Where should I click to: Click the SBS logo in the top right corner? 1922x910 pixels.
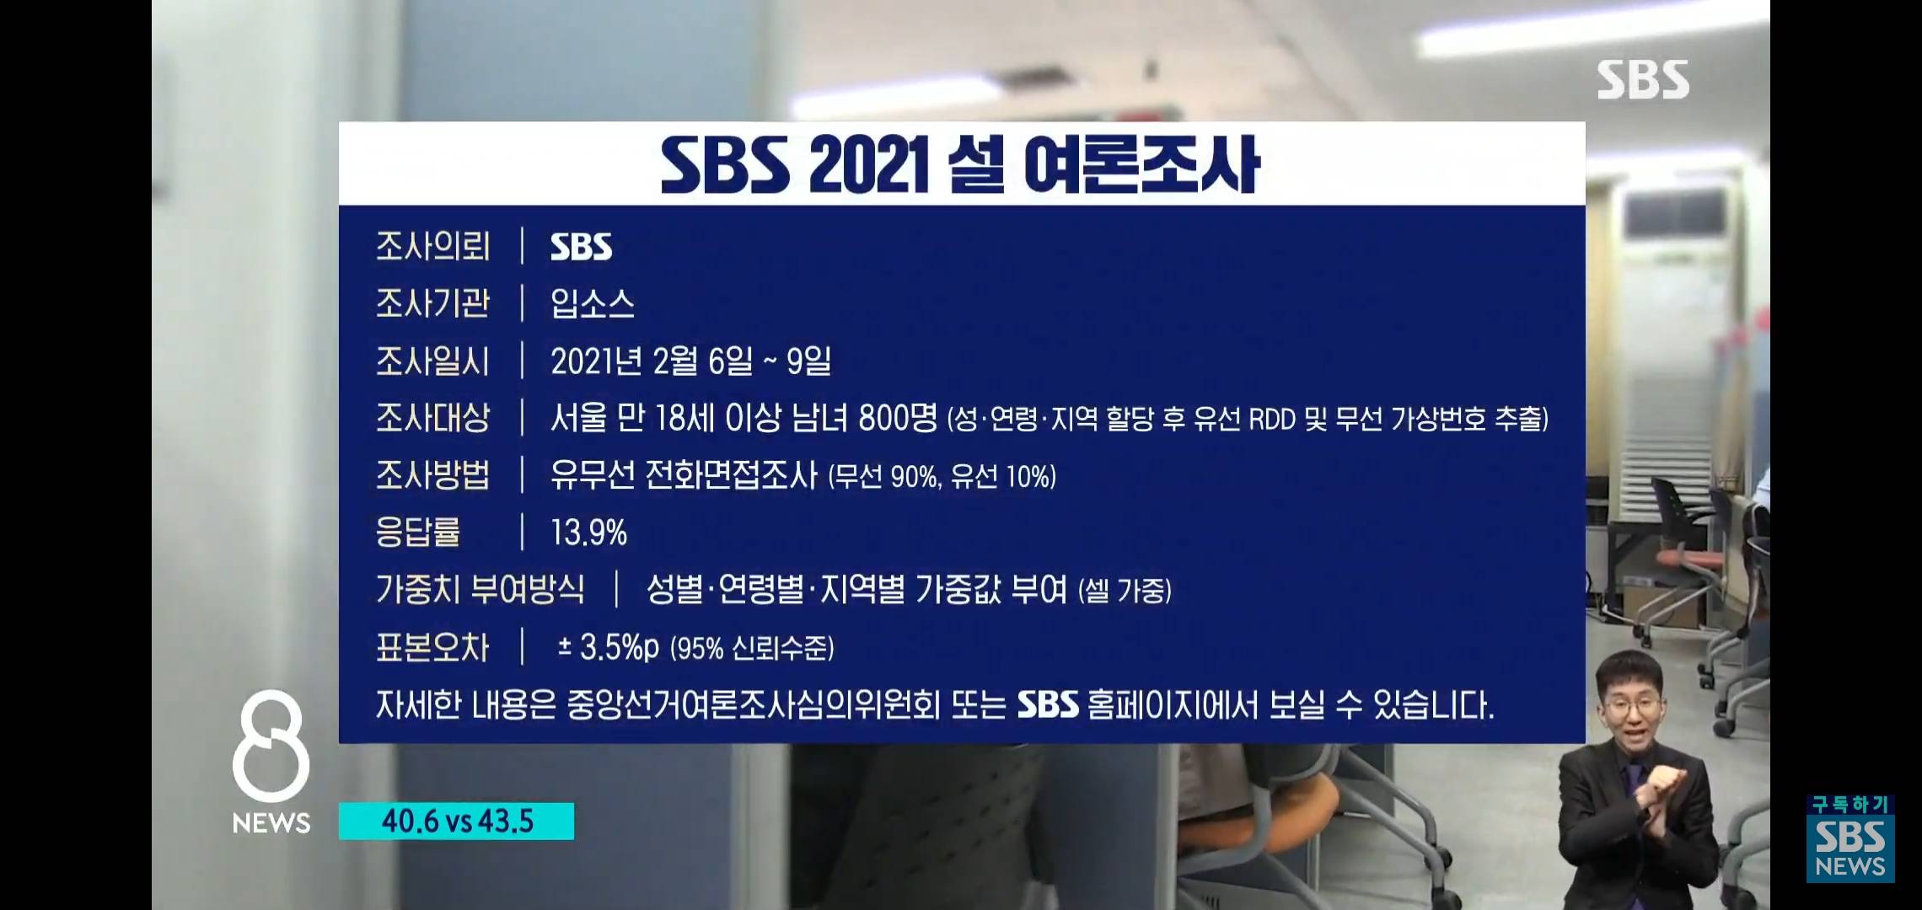tap(1643, 80)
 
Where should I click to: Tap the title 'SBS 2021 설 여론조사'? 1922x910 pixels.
tap(960, 164)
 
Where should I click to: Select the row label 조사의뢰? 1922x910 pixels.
tap(432, 246)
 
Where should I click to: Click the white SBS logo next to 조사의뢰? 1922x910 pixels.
tap(582, 247)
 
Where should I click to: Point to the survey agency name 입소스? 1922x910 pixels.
tap(593, 303)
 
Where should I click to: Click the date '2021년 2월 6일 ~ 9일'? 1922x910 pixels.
tap(691, 361)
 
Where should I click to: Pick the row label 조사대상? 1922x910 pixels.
tap(432, 418)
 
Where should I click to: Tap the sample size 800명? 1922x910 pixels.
tap(898, 418)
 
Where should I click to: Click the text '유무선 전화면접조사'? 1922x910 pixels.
tap(684, 475)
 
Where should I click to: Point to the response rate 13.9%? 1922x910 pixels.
tap(589, 533)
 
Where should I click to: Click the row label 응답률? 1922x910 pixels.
tap(418, 532)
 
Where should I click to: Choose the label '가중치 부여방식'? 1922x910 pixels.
tap(480, 589)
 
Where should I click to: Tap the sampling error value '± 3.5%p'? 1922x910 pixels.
tap(609, 647)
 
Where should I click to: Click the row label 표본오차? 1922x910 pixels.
tap(432, 647)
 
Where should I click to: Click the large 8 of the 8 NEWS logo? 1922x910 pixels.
tap(271, 746)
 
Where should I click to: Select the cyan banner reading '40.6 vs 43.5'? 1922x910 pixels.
tap(456, 822)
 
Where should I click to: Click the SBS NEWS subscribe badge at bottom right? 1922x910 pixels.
tap(1850, 838)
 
